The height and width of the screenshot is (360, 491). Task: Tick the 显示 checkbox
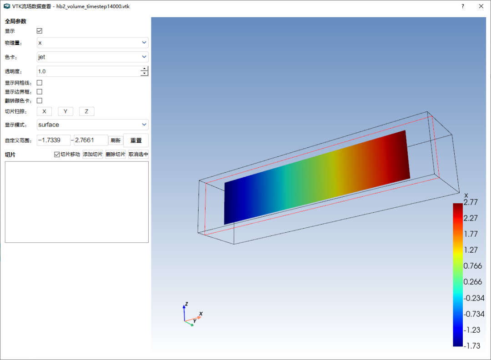40,30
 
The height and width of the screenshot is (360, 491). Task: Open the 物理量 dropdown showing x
92,43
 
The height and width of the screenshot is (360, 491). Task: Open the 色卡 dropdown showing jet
92,57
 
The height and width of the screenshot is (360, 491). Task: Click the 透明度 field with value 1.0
89,71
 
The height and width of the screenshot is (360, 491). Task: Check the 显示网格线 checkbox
40,83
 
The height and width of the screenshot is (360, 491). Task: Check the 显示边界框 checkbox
40,92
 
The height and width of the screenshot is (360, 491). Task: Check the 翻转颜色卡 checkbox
40,100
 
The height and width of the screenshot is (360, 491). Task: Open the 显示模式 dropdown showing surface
92,125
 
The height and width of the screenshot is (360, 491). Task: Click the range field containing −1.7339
54,140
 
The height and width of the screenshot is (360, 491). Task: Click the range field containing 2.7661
91,140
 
